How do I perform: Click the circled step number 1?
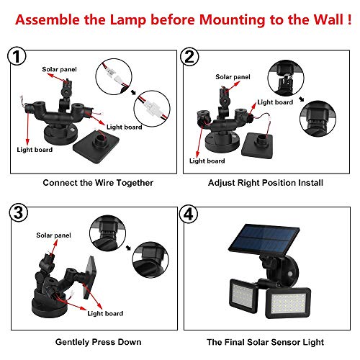click(17, 56)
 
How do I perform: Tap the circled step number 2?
click(189, 57)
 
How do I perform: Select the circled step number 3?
click(19, 212)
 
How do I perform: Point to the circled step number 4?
click(189, 214)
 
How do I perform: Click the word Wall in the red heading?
click(328, 19)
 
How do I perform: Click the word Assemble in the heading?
click(48, 19)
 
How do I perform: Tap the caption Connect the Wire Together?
click(98, 183)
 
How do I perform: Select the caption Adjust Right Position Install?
click(266, 183)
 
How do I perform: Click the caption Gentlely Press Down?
click(98, 342)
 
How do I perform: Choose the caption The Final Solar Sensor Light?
click(266, 342)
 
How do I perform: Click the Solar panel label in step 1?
click(59, 70)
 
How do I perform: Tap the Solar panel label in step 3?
click(53, 235)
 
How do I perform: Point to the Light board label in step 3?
click(105, 313)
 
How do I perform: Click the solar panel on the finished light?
click(264, 240)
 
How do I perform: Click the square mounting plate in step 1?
click(96, 147)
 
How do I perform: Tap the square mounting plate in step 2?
click(257, 145)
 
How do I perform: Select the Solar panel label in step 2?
click(233, 77)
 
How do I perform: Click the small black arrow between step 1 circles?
click(133, 92)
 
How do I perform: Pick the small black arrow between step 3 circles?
click(129, 248)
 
